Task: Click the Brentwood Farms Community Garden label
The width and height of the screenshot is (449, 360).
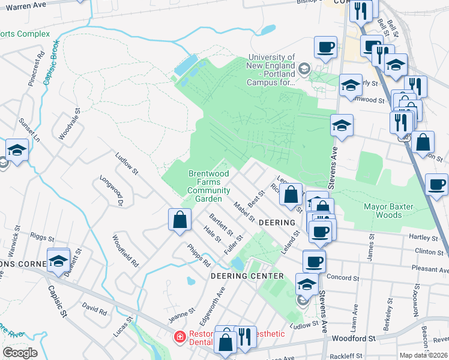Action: point(208,186)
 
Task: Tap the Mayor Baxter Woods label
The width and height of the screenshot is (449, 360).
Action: point(388,211)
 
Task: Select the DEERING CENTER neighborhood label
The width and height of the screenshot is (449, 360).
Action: point(247,276)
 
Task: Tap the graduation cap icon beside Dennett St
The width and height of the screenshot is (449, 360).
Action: point(58,260)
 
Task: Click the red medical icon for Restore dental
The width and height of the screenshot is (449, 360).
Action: point(179,337)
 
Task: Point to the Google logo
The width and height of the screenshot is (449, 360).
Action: point(20,353)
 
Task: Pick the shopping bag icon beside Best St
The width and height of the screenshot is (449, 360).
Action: point(291,195)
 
